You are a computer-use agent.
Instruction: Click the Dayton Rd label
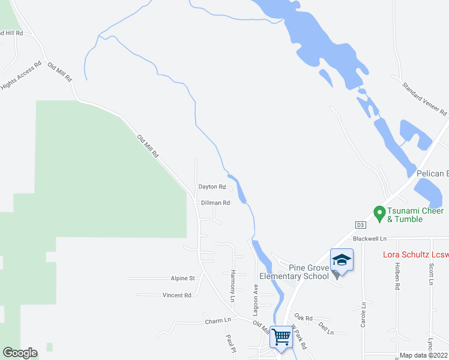[x=212, y=187]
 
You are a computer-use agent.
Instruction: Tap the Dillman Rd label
[x=215, y=203]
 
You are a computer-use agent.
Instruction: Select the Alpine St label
[x=183, y=278]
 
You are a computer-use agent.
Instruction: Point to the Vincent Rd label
[x=176, y=295]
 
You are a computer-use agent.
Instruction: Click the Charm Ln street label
[x=217, y=320]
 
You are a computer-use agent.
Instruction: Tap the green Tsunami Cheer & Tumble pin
[x=379, y=212]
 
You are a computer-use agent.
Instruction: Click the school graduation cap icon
[x=341, y=260]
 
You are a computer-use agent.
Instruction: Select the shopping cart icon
[x=280, y=335]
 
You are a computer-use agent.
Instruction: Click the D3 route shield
[x=360, y=225]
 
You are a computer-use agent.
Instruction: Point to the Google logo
[x=20, y=353]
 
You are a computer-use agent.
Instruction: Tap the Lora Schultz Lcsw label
[x=415, y=255]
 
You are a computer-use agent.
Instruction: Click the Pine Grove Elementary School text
[x=294, y=271]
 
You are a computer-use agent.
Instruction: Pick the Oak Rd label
[x=304, y=318]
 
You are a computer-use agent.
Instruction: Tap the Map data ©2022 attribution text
[x=424, y=355]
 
